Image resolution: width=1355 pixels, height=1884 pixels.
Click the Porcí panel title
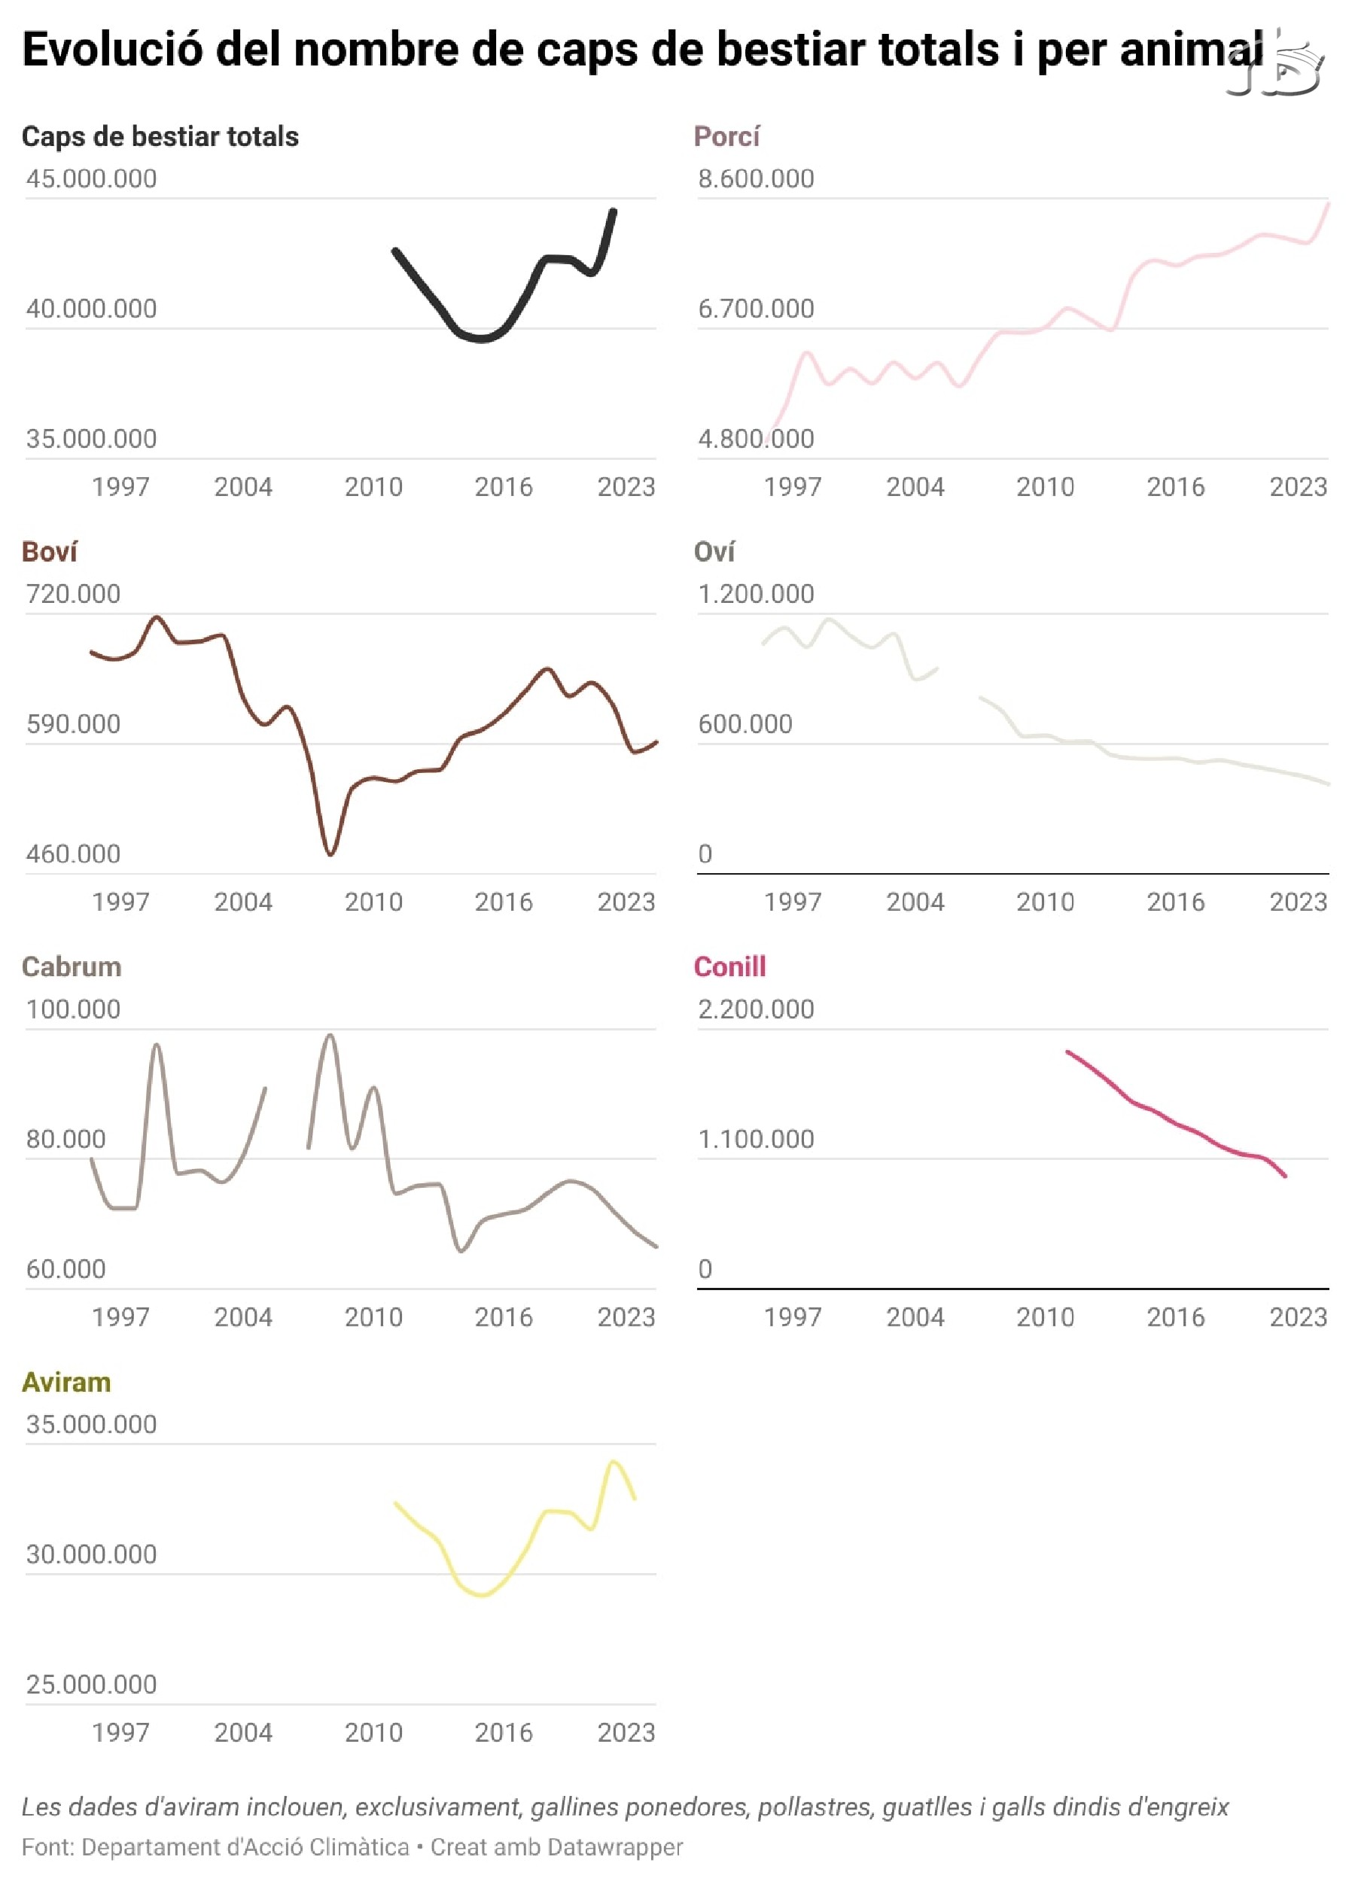(726, 136)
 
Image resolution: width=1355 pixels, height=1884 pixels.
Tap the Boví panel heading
(49, 552)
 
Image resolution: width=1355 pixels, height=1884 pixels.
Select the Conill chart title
(729, 967)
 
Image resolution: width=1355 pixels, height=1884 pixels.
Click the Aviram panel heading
(65, 1382)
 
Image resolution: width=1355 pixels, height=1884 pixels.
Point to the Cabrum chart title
(72, 967)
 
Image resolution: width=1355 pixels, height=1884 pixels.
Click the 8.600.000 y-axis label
(755, 178)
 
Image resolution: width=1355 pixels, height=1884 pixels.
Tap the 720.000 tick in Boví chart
(73, 594)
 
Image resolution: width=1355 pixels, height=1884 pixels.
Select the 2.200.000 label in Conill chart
(755, 1009)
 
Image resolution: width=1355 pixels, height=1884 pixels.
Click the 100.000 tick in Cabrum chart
(73, 1009)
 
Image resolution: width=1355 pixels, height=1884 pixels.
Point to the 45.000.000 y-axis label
(91, 178)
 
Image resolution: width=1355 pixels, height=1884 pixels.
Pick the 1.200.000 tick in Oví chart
(755, 594)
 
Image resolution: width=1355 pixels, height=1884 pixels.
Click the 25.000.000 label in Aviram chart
(91, 1684)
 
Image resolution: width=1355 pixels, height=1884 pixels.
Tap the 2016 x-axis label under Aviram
(504, 1733)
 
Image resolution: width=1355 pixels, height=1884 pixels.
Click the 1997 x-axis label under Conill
(793, 1317)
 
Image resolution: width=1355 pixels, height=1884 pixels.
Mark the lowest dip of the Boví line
(330, 853)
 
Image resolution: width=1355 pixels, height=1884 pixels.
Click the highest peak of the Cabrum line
(330, 1035)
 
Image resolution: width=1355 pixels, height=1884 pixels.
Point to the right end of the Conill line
(1285, 1176)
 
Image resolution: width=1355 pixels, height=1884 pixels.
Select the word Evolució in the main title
(113, 50)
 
